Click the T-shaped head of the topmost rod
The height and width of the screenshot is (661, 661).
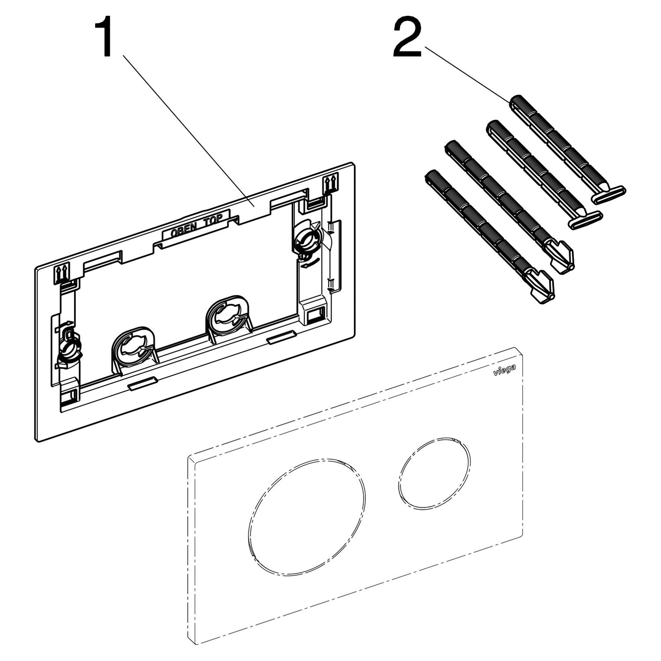pyautogui.click(x=608, y=194)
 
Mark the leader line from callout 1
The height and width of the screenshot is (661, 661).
pyautogui.click(x=188, y=131)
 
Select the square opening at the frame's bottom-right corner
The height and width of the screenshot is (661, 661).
pyautogui.click(x=313, y=314)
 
